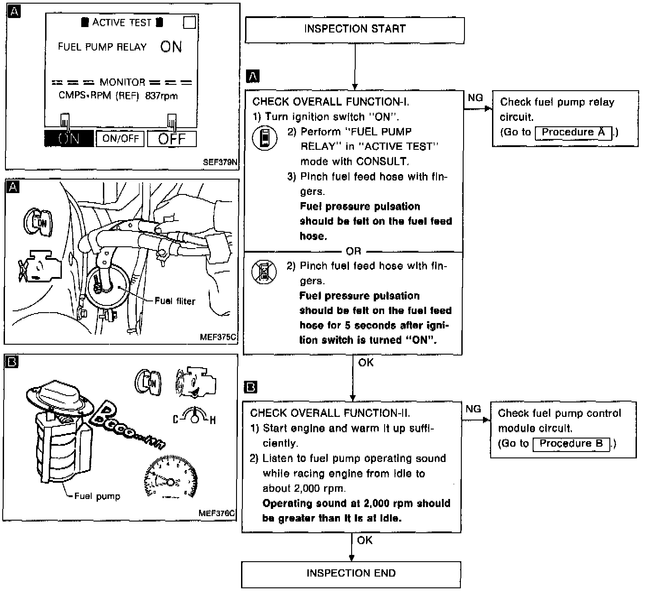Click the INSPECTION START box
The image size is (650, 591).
(x=354, y=30)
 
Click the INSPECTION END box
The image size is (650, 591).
(x=351, y=574)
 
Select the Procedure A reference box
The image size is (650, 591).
(x=573, y=133)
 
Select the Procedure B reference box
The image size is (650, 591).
(x=571, y=444)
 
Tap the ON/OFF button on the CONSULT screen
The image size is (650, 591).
(x=120, y=139)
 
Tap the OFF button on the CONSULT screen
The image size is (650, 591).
(x=172, y=139)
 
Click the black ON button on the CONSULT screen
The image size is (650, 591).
(x=69, y=139)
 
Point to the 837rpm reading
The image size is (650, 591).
(x=162, y=96)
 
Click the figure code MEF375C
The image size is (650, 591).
(x=218, y=337)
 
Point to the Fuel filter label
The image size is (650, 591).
(x=175, y=301)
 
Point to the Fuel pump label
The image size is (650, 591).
(x=97, y=496)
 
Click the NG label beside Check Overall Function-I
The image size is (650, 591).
(x=475, y=98)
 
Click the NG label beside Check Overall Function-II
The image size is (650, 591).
(x=473, y=409)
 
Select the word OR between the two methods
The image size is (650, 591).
(x=353, y=251)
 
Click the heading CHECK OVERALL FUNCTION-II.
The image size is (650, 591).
(x=330, y=413)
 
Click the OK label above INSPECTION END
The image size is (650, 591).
(x=365, y=540)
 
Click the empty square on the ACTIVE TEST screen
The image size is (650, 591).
(x=190, y=23)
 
